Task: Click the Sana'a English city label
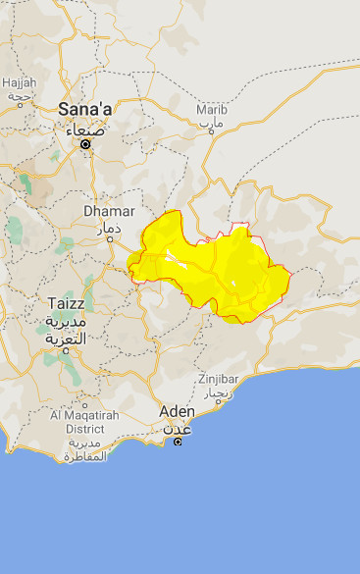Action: point(86,109)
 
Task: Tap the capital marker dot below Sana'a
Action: point(85,144)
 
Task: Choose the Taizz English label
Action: point(66,304)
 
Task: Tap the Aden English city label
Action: point(178,411)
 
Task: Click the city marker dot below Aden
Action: point(178,442)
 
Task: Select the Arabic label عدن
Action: point(178,428)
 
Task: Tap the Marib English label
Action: point(211,110)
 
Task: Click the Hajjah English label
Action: point(20,82)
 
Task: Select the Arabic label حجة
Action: point(19,96)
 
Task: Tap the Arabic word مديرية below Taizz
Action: point(66,322)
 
